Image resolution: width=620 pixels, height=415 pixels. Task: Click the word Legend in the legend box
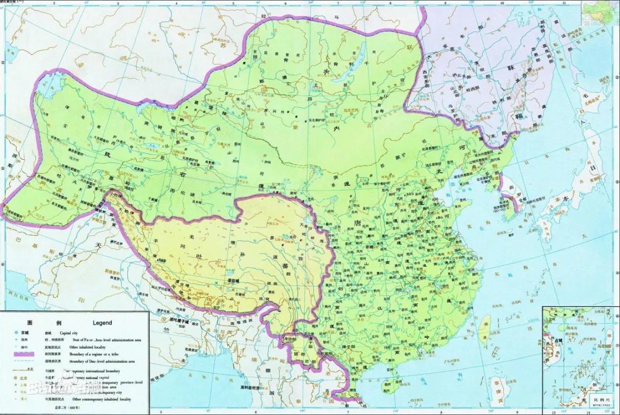tap(102, 323)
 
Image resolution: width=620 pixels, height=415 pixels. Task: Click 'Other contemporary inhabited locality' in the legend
tap(102, 398)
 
